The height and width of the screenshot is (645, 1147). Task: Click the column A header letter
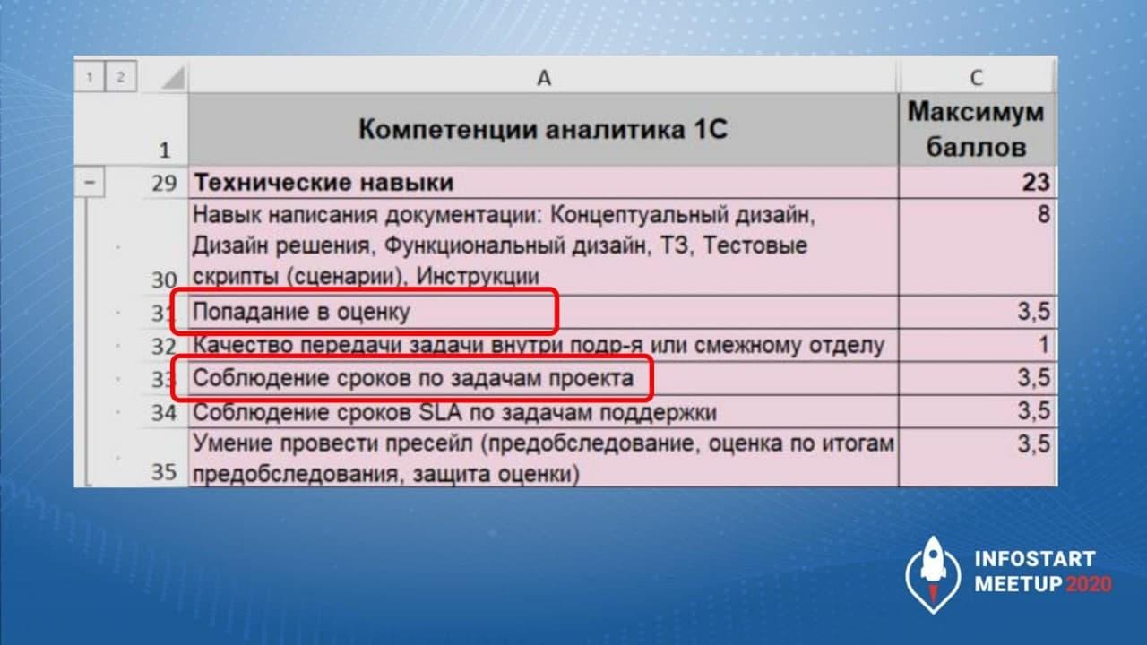tap(544, 78)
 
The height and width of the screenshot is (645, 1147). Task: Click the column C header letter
tap(977, 78)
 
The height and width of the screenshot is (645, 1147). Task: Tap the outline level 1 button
tap(90, 77)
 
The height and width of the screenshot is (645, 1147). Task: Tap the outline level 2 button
tap(121, 77)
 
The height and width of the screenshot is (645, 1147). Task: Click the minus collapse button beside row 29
tap(90, 182)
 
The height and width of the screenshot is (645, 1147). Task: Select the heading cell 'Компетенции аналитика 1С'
tap(543, 129)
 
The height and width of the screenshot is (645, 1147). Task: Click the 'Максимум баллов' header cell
tap(977, 129)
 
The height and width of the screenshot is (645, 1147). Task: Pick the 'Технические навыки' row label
tap(323, 183)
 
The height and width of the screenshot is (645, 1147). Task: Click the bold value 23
tap(1036, 182)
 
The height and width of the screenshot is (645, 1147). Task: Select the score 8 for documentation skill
tap(1044, 214)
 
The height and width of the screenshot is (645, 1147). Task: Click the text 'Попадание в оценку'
tap(301, 312)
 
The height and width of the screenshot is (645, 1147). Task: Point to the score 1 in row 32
tap(1044, 345)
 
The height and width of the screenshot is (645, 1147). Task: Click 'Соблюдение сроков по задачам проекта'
tap(413, 378)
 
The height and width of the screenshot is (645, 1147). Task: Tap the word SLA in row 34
tap(440, 412)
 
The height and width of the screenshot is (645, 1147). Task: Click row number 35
tap(164, 472)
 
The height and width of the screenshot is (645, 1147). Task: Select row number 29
tap(164, 184)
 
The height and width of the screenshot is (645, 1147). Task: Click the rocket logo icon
tap(933, 574)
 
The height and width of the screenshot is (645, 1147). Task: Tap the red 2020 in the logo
tap(1089, 584)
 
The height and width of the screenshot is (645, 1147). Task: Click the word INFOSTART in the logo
tap(1035, 559)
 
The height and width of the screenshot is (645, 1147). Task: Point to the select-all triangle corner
tap(174, 79)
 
